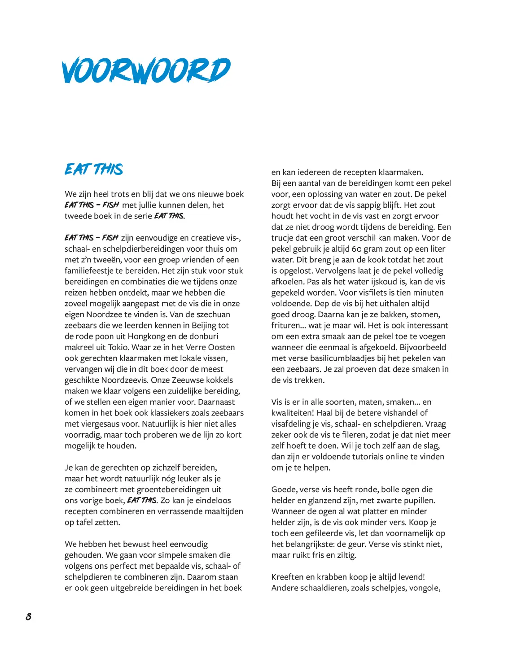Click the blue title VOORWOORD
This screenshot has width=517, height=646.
click(146, 71)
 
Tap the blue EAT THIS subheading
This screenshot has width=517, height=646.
click(94, 169)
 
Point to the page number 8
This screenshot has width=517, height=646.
click(28, 616)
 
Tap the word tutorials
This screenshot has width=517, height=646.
click(375, 457)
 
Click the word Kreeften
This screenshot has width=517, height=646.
click(289, 577)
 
